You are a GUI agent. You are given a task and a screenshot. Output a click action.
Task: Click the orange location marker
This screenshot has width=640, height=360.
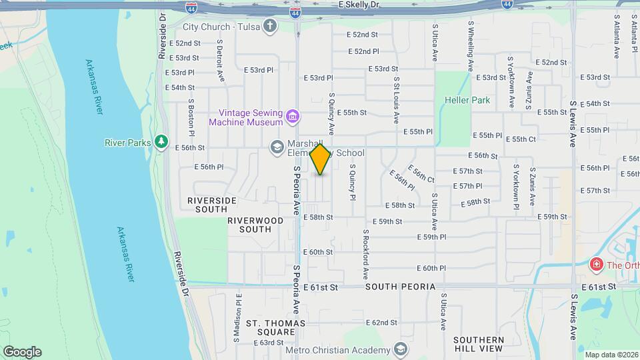(x=320, y=159)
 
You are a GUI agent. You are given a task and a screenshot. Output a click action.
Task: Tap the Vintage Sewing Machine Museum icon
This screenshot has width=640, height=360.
(x=292, y=117)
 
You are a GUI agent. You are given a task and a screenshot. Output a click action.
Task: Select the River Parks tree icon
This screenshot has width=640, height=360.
(x=161, y=142)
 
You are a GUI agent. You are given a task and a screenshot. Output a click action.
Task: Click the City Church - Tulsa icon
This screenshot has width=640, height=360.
(x=270, y=26)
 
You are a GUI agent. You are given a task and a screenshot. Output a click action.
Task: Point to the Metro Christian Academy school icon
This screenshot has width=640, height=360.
(x=400, y=350)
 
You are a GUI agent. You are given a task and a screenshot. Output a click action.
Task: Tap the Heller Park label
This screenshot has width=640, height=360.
(x=467, y=101)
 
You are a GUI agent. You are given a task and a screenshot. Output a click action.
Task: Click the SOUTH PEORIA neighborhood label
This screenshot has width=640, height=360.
(x=400, y=287)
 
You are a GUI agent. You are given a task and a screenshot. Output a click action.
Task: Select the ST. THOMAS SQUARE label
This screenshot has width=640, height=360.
(x=275, y=328)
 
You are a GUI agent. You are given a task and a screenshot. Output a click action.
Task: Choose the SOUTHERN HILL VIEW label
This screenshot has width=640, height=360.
(x=478, y=344)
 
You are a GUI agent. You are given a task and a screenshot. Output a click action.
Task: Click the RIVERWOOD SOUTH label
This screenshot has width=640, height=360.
(x=249, y=224)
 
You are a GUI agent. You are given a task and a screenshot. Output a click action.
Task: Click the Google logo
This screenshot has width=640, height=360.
(x=22, y=352)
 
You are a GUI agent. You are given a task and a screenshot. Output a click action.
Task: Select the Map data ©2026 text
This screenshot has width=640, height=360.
(x=611, y=355)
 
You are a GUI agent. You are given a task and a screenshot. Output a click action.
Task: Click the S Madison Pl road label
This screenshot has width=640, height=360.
(x=237, y=320)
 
